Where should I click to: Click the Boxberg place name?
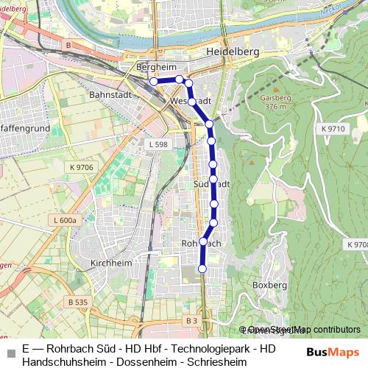[x=269, y=284]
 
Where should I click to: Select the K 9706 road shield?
[x=82, y=168]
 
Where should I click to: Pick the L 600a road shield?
[x=65, y=220]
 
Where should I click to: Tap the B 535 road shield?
[x=77, y=302]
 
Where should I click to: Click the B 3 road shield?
[x=191, y=320]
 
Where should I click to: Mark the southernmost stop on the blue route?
[x=202, y=269]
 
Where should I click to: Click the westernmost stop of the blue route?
[x=153, y=82]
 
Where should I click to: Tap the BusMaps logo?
[x=332, y=353]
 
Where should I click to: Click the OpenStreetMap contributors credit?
[x=304, y=330]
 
